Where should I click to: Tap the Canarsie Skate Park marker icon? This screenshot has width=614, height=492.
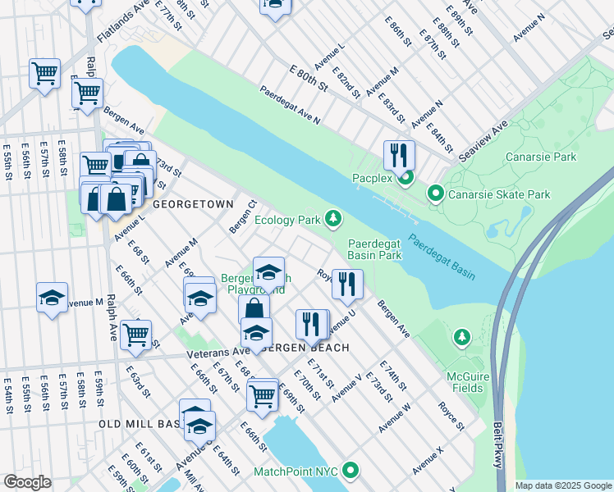(x=435, y=194)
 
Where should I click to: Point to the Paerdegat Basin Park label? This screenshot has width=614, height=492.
(x=374, y=249)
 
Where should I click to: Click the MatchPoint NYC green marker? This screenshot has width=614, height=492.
(x=351, y=471)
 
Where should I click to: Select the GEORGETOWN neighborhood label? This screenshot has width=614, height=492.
(x=188, y=203)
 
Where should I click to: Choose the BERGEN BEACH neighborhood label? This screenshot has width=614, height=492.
(x=307, y=348)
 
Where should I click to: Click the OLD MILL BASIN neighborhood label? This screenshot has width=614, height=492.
(x=140, y=424)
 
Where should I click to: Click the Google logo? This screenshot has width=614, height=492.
(x=27, y=482)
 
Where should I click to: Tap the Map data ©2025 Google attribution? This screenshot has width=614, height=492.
(x=563, y=485)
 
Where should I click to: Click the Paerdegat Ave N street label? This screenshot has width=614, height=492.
(x=290, y=105)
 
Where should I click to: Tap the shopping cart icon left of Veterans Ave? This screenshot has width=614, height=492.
(x=135, y=334)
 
